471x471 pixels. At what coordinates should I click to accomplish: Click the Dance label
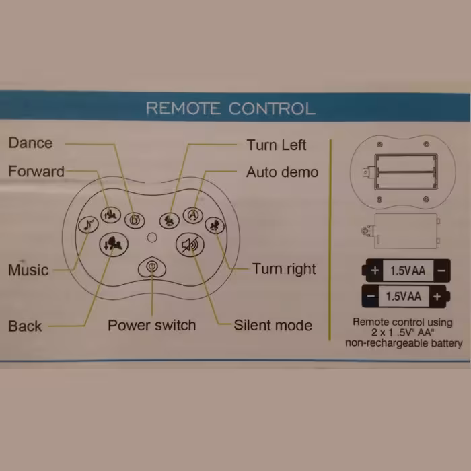point(30,143)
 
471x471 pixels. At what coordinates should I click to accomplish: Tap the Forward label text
point(36,172)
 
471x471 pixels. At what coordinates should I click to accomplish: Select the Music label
point(28,270)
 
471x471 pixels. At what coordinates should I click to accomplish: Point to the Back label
point(25,326)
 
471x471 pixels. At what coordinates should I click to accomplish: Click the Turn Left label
point(276,145)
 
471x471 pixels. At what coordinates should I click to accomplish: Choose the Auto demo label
point(282,172)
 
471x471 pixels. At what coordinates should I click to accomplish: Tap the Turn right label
point(284,269)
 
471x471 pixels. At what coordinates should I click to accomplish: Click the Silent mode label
point(273,326)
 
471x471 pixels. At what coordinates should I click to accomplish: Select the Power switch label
point(152,326)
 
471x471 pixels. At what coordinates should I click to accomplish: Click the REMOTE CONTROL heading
point(230,108)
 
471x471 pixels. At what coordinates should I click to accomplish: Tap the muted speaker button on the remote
point(190,245)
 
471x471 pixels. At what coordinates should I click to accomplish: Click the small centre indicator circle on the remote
point(153,237)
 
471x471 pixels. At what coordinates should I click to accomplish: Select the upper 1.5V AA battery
point(406,271)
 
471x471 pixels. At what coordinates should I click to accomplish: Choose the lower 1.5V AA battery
point(406,296)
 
